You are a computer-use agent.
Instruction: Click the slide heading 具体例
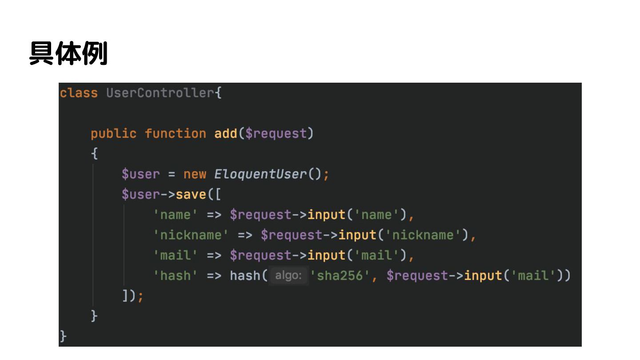68,54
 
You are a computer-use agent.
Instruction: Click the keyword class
79,93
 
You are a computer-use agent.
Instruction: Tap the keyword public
113,133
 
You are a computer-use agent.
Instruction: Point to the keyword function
176,133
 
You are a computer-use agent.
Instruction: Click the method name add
226,133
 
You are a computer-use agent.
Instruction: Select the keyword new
195,174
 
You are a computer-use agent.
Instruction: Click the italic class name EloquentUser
260,174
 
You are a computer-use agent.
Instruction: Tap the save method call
191,194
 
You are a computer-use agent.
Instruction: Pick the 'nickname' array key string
191,235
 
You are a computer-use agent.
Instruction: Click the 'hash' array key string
175,276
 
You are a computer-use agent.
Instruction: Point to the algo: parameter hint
288,276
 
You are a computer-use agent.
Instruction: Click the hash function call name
245,276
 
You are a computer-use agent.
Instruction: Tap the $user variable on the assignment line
140,174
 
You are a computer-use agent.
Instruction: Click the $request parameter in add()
276,133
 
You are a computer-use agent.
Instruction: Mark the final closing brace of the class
63,336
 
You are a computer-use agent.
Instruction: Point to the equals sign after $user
171,174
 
